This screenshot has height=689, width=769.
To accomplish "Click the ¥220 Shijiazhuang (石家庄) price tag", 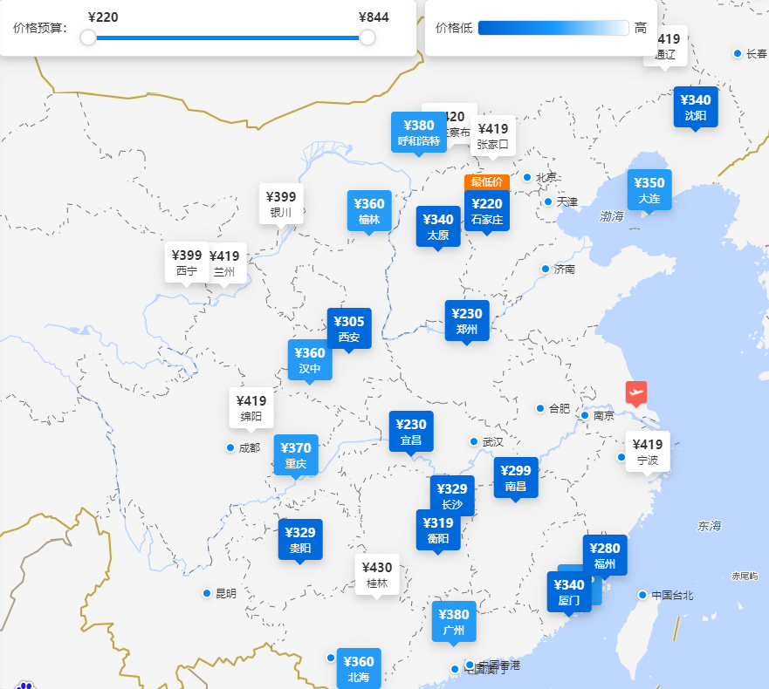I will [x=487, y=210].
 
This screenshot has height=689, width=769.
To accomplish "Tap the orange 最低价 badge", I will [x=487, y=181].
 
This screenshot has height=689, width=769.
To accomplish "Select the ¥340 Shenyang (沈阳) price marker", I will [x=696, y=106].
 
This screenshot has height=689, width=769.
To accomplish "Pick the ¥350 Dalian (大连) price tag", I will [x=649, y=189].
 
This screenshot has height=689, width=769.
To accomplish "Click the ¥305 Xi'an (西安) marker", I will [x=349, y=328].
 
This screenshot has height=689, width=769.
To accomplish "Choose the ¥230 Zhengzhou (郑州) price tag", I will [x=467, y=320].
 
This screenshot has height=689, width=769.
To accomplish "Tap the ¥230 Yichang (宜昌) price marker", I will [x=411, y=431].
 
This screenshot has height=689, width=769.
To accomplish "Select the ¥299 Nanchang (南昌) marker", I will [x=516, y=477].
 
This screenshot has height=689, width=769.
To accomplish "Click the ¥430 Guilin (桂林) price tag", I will [x=377, y=574].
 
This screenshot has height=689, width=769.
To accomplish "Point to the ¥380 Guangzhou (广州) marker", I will [x=454, y=621].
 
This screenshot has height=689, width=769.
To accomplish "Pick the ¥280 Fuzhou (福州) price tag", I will [x=605, y=555].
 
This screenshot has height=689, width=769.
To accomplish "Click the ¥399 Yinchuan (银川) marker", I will [x=281, y=203].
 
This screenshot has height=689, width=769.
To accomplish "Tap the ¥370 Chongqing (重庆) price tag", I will [x=296, y=454].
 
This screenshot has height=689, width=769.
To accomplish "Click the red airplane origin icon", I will [x=636, y=392].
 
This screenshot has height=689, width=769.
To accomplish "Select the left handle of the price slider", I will [x=88, y=38].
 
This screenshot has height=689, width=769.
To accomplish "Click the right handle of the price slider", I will [x=367, y=38].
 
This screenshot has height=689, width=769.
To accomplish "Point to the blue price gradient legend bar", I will [x=553, y=28].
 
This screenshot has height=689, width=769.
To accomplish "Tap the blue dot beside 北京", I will [x=527, y=177].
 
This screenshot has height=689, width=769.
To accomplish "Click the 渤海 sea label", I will [x=612, y=215].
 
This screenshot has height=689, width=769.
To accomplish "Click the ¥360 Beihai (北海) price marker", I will [x=359, y=668].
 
